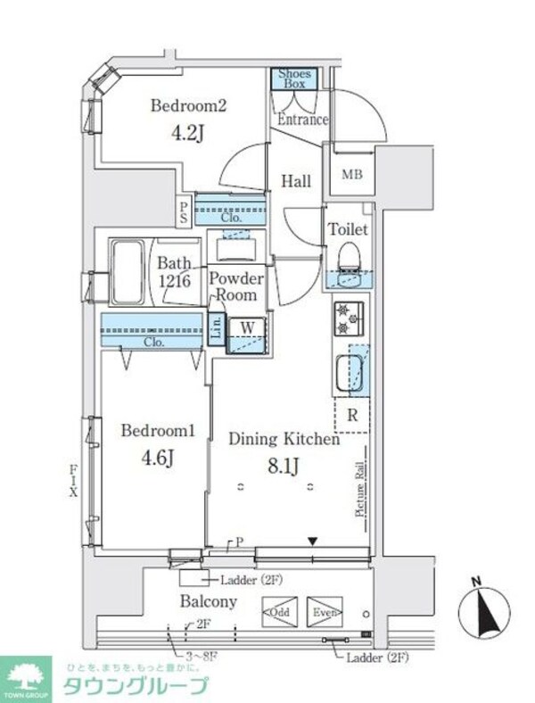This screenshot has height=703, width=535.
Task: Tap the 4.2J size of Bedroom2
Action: (188, 133)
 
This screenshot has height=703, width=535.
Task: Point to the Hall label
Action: (296, 181)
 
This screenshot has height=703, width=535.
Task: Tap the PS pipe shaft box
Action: (184, 211)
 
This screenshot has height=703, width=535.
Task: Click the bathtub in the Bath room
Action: (128, 271)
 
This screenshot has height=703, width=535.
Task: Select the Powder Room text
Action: (236, 285)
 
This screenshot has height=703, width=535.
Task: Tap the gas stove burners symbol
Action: (347, 318)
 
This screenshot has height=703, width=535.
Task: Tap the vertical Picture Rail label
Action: (358, 488)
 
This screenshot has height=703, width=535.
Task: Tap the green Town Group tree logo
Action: (27, 677)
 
